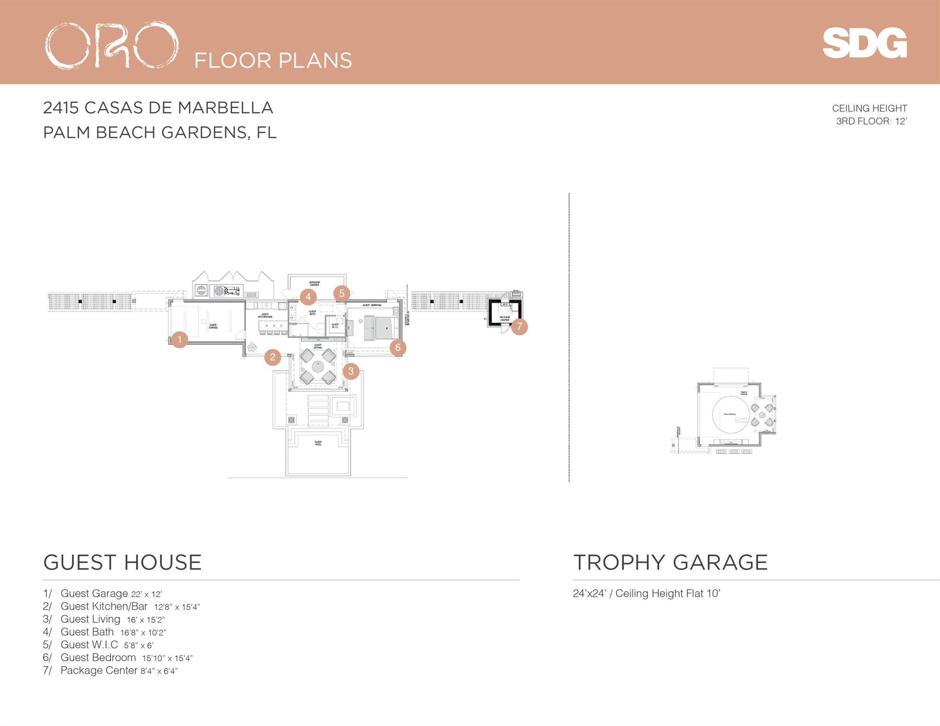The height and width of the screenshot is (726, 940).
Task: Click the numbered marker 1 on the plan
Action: (x=179, y=339)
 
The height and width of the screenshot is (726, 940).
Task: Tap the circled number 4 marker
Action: (x=308, y=297)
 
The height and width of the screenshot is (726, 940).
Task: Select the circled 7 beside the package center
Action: (x=519, y=326)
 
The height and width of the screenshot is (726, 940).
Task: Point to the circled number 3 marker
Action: (x=351, y=371)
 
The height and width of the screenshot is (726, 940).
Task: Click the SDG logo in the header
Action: (x=864, y=43)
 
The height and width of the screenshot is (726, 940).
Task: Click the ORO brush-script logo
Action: (x=112, y=45)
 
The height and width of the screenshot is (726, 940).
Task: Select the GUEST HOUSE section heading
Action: (x=122, y=562)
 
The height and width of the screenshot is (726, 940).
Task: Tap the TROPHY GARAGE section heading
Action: (x=670, y=562)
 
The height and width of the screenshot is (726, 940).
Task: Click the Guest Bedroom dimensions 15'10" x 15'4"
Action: (x=167, y=658)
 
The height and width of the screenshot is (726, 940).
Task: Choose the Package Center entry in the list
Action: (x=110, y=670)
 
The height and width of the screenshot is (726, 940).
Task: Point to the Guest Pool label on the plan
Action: (x=318, y=443)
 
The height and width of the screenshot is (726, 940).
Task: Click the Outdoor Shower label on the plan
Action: (x=314, y=284)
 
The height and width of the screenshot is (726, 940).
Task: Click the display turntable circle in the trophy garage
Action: (x=731, y=415)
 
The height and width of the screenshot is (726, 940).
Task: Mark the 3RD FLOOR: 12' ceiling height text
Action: (x=871, y=121)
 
